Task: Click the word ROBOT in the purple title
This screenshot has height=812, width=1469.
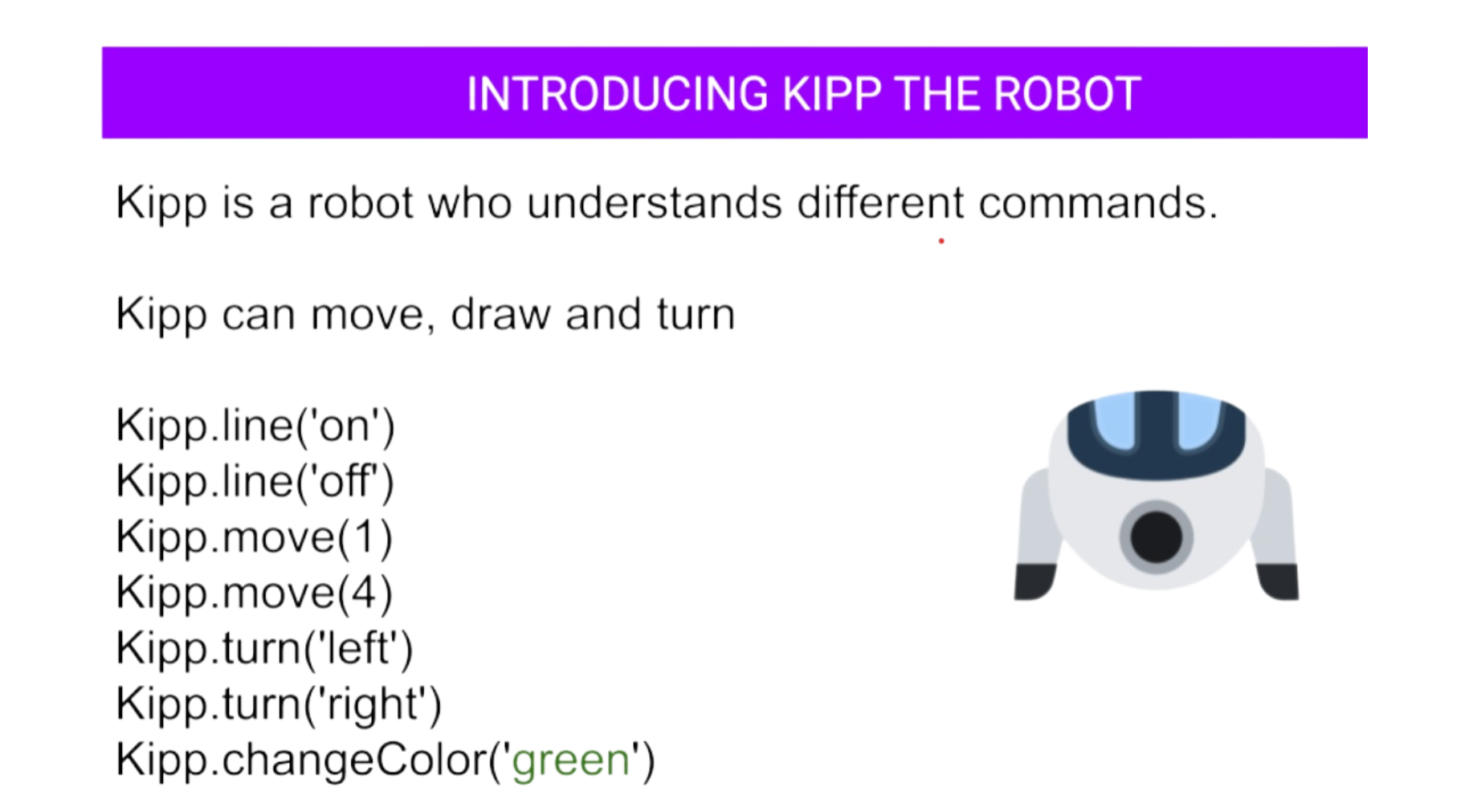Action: coord(1067,94)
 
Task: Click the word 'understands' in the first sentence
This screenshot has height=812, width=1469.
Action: coord(655,202)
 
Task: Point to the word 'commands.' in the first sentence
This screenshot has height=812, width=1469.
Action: coord(1098,202)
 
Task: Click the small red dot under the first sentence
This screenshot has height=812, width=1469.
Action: coord(941,241)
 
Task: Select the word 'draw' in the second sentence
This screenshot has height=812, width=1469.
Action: coord(501,314)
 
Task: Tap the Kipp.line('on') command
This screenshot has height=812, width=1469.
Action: coord(255,426)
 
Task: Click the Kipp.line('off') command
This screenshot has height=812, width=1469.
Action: coord(255,481)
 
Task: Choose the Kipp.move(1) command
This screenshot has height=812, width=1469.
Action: coord(255,537)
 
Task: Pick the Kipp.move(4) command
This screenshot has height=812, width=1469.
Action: coord(255,593)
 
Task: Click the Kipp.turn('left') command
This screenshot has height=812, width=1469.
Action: coord(265,648)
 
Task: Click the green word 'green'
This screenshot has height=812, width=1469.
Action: coord(571,761)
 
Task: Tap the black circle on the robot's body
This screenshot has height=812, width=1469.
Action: coord(1157,537)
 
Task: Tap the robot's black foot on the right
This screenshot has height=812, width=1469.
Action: coord(1279,581)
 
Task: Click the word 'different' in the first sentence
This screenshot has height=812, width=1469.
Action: coord(880,202)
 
